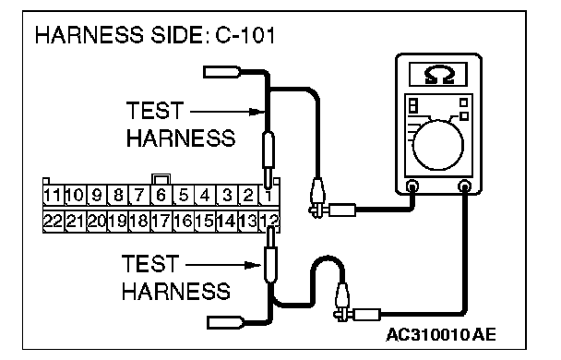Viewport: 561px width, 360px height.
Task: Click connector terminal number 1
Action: pyautogui.click(x=269, y=196)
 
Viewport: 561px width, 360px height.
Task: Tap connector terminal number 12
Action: pyautogui.click(x=269, y=221)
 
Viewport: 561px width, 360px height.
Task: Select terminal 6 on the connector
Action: pyautogui.click(x=161, y=196)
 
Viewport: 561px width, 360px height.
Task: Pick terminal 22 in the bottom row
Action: pyautogui.click(x=54, y=221)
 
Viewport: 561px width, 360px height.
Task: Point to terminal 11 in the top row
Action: pyautogui.click(x=54, y=196)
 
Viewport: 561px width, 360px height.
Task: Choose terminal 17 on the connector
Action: pyautogui.click(x=161, y=221)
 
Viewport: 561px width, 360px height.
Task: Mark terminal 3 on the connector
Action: pyautogui.click(x=226, y=196)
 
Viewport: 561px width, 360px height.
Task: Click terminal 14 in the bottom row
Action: pyautogui.click(x=226, y=221)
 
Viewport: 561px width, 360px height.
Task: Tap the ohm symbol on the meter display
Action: pyautogui.click(x=439, y=75)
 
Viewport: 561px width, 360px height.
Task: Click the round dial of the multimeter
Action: pyautogui.click(x=437, y=145)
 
